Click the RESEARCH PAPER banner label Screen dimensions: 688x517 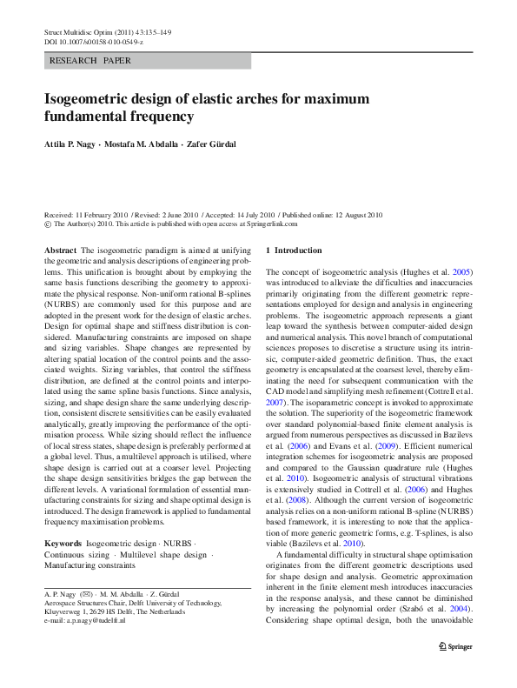[x=91, y=62]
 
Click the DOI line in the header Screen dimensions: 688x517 [x=93, y=41]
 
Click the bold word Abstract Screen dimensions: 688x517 [x=60, y=249]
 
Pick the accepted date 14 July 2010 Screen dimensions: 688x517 [x=249, y=214]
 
